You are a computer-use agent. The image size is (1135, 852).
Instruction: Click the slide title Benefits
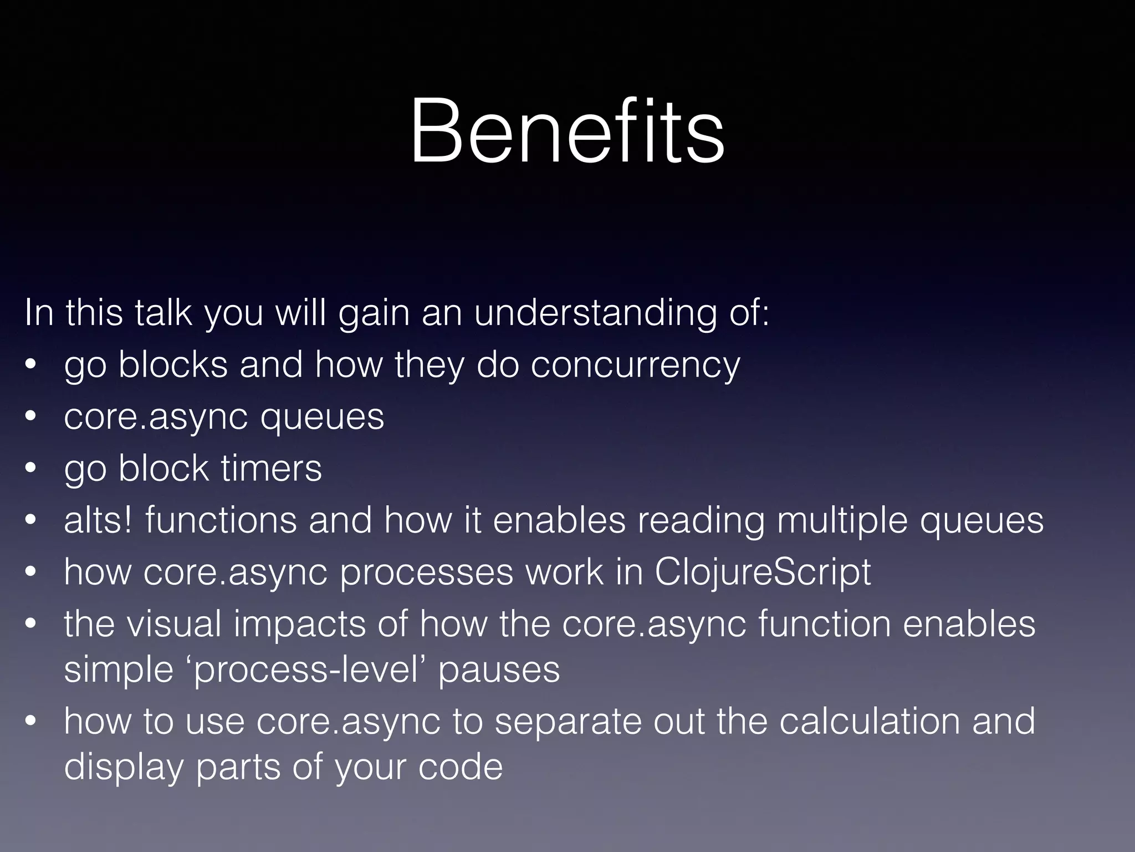[567, 131]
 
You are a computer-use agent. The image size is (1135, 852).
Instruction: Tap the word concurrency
[635, 366]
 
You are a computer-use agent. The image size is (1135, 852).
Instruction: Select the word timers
[271, 468]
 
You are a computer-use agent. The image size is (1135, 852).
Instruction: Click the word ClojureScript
[762, 572]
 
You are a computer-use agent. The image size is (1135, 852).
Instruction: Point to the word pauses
[499, 671]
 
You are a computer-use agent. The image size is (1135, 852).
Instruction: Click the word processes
[427, 574]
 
